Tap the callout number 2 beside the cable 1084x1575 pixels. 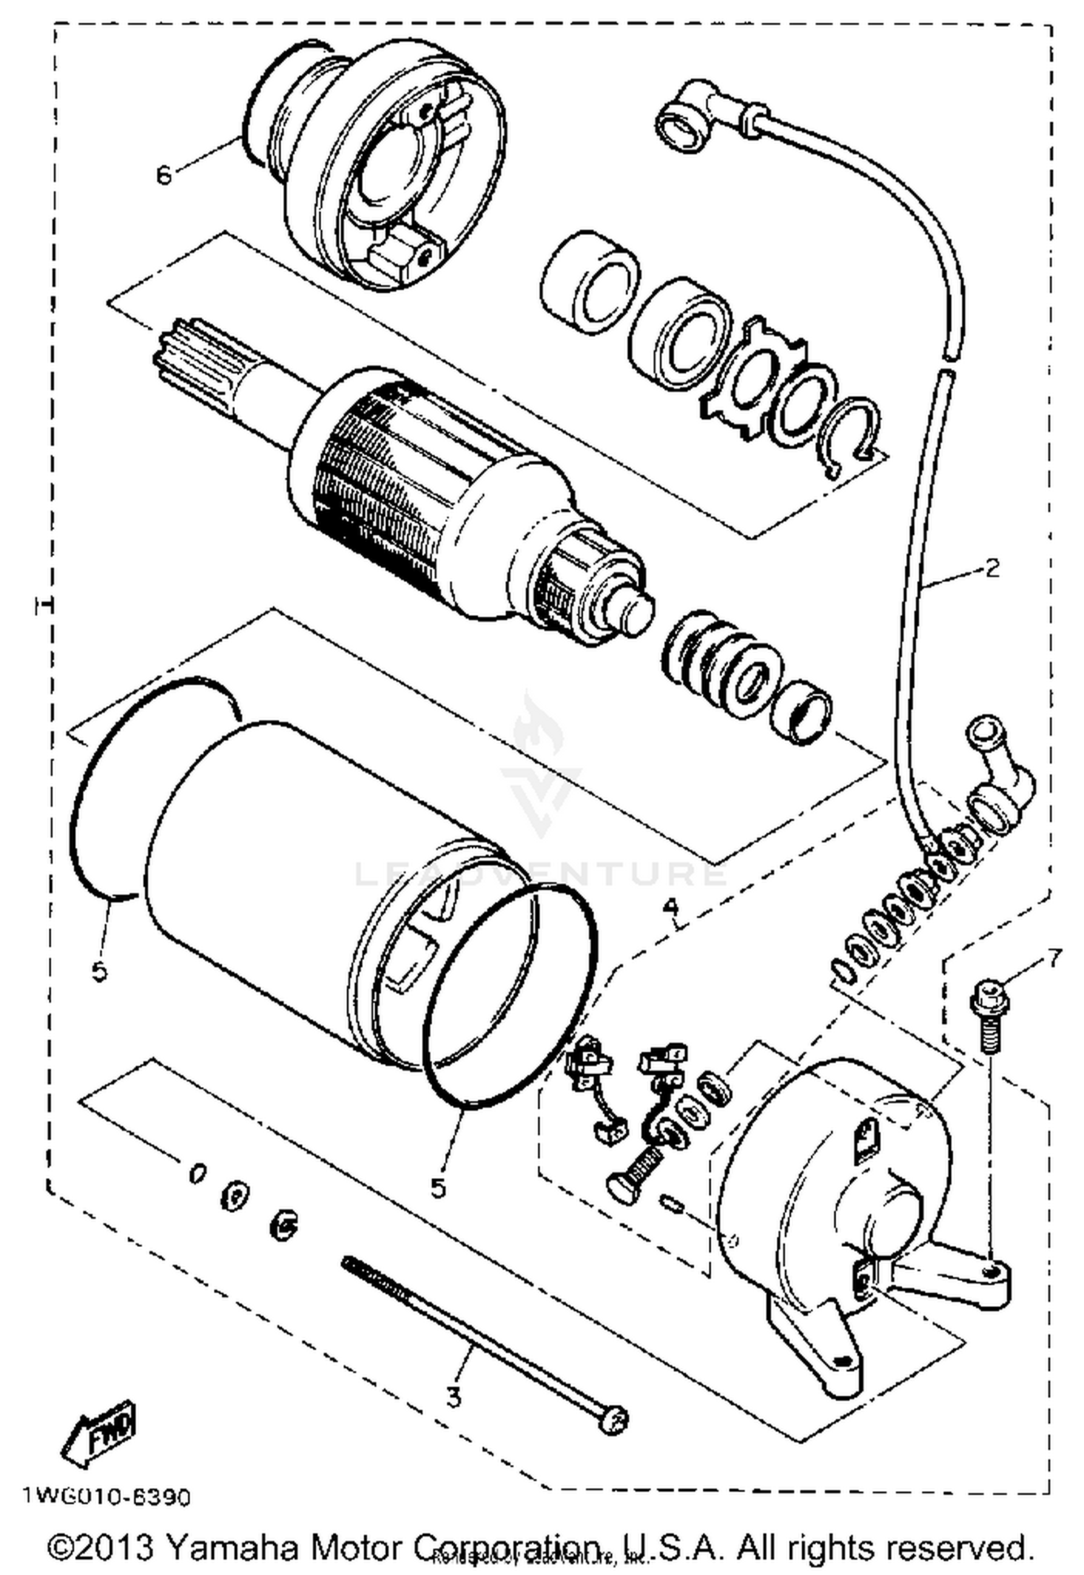[x=993, y=568]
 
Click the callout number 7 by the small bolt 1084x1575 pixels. [x=1054, y=959]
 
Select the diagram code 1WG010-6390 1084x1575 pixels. [x=107, y=1496]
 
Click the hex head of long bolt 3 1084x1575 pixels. [x=614, y=1420]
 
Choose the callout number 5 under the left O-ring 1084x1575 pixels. [x=100, y=971]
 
